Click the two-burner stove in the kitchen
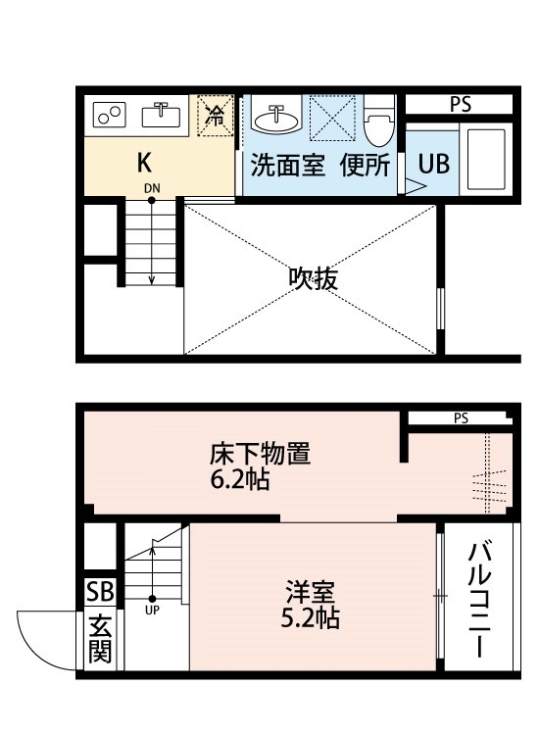click(109, 115)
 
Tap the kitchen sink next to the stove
click(161, 115)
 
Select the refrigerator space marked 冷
click(216, 116)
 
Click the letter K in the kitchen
click(144, 163)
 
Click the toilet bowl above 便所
click(379, 121)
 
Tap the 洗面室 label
click(287, 165)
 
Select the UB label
click(433, 164)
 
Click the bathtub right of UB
click(486, 160)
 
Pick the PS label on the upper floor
click(461, 105)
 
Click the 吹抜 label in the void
click(313, 278)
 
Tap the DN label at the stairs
click(152, 188)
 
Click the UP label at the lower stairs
click(152, 610)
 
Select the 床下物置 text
click(260, 454)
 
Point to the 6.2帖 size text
click(239, 479)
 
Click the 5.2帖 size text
click(311, 616)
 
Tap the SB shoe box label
click(100, 592)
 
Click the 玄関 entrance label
click(100, 638)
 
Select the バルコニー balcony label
click(479, 600)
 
